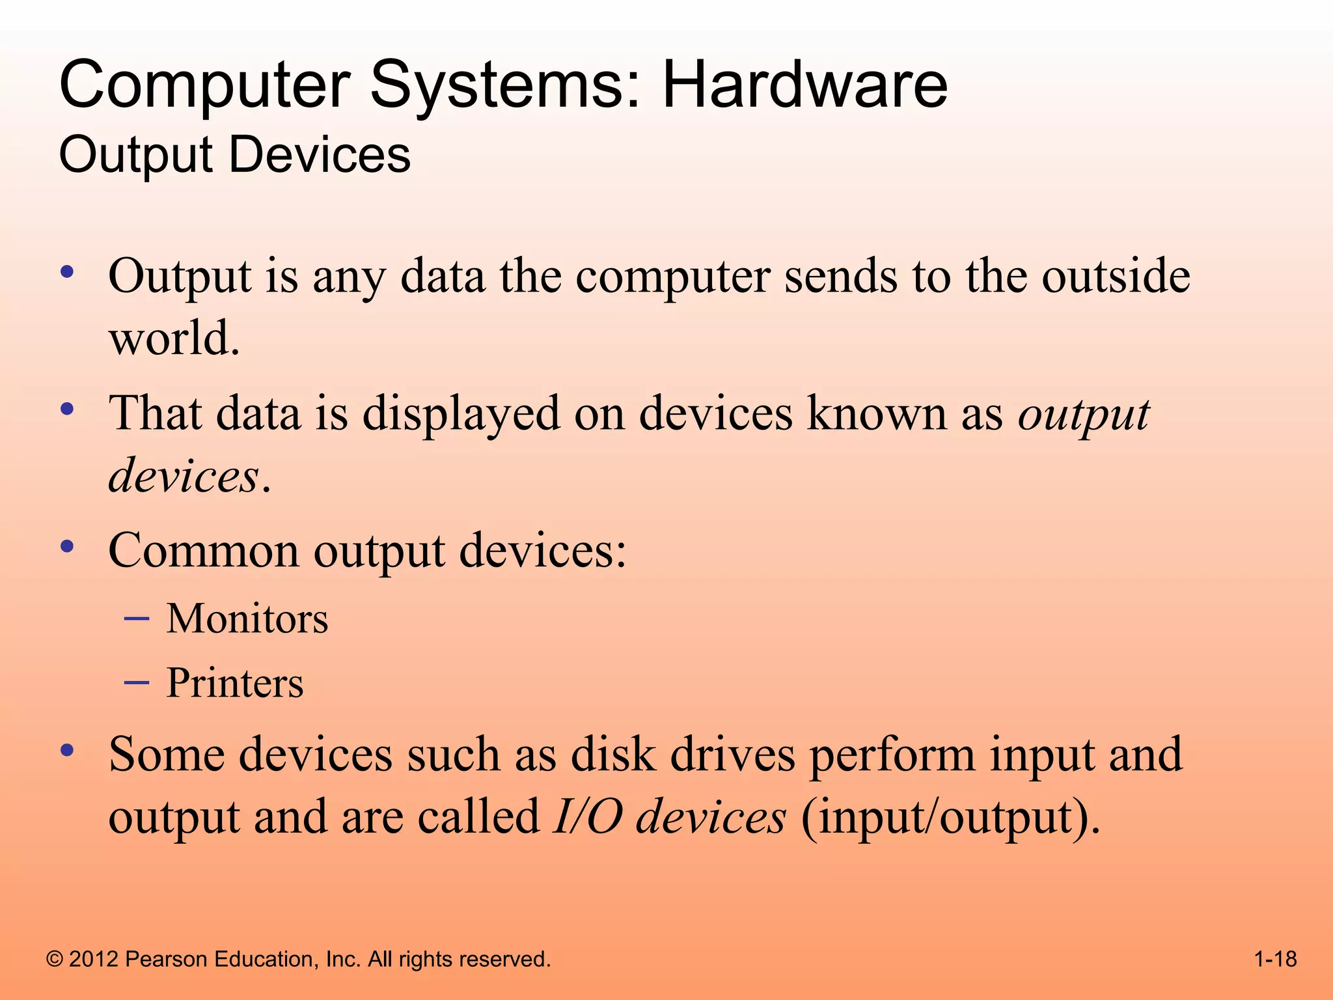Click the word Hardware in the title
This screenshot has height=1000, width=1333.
pos(804,85)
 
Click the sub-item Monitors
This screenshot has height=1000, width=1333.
pos(247,618)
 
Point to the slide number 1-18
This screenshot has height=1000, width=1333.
pos(1275,959)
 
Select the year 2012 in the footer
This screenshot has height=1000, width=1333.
pos(93,959)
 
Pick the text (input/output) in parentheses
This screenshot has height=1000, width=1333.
pos(951,816)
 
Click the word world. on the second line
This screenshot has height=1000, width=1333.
pos(174,339)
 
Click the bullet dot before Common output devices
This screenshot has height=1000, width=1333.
pos(66,546)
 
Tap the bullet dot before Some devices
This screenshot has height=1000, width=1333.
pos(66,750)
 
